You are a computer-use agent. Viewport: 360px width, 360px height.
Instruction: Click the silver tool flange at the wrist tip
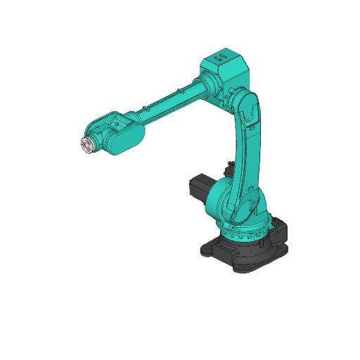pyautogui.click(x=85, y=145)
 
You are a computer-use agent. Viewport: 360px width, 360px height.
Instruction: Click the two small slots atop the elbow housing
pyautogui.click(x=221, y=55)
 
